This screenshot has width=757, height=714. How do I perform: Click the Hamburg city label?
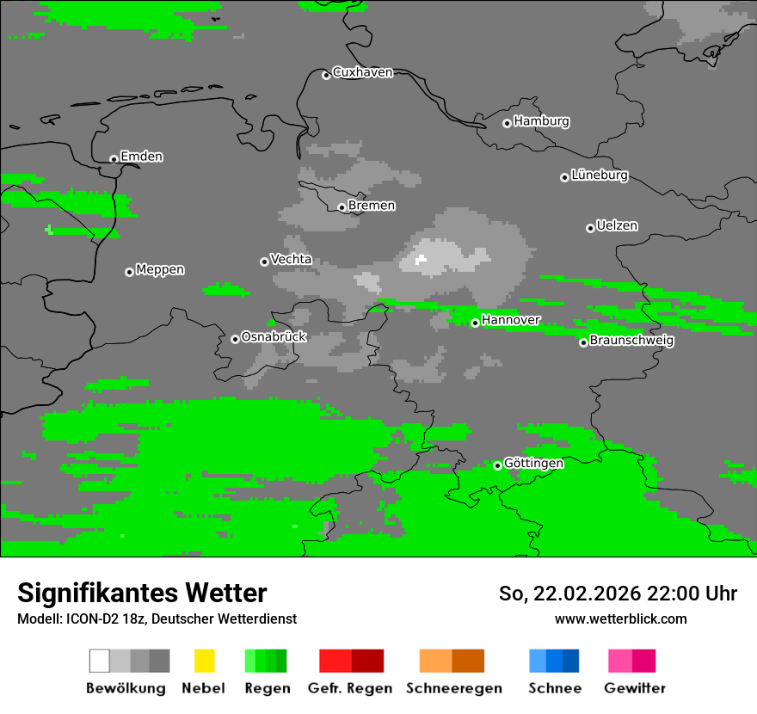point(541,121)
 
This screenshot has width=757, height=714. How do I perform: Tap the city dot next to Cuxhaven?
point(326,76)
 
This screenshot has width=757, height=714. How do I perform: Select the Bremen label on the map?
point(372,206)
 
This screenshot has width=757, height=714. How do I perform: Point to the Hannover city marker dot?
point(475,323)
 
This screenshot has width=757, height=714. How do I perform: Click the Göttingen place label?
point(533,463)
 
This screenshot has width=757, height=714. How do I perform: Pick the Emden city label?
point(141,157)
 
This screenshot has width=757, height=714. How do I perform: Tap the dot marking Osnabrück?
point(235,339)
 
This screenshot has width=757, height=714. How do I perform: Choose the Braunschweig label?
point(631,340)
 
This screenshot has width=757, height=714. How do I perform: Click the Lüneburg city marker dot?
point(564,177)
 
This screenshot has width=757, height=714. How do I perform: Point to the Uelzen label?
point(617,225)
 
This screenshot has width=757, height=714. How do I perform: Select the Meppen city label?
point(160,269)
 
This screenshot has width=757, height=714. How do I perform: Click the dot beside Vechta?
point(264,262)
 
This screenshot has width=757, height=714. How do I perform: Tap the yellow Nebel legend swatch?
point(204,661)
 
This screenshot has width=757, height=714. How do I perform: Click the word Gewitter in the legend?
point(635,688)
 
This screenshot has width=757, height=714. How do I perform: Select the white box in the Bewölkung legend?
point(100,661)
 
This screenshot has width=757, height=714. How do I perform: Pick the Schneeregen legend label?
point(454,688)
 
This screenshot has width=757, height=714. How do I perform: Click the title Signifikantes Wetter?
point(142,593)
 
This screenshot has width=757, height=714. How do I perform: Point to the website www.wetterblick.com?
point(620,619)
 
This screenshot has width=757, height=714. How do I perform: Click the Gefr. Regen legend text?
point(349,688)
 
